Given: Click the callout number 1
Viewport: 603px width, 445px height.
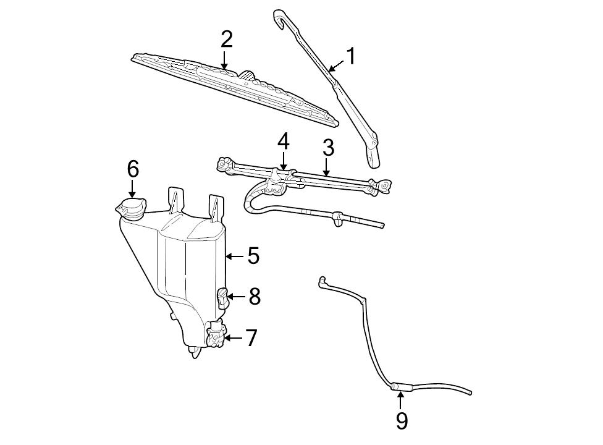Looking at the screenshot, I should click(351, 57).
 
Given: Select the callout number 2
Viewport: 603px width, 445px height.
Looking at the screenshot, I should click(226, 40).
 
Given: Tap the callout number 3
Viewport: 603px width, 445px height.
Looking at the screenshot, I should click(328, 148).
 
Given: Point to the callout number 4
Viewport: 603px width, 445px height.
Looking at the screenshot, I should click(283, 142).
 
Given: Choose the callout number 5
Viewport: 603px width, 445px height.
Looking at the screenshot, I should click(253, 256).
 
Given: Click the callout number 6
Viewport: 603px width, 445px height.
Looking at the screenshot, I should click(133, 169).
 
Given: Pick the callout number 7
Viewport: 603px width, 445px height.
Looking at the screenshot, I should click(251, 338).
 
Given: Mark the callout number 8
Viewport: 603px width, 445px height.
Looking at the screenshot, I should click(254, 297).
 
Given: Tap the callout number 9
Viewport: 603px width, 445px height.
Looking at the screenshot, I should click(402, 421).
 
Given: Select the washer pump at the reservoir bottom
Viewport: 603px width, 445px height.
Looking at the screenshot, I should click(216, 336).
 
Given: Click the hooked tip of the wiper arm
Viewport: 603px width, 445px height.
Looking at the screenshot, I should click(279, 17).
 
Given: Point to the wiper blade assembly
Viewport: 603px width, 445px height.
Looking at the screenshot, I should click(235, 87).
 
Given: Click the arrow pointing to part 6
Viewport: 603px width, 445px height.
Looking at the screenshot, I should click(133, 189).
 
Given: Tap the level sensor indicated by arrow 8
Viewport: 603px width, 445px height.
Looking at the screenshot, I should click(222, 297).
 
